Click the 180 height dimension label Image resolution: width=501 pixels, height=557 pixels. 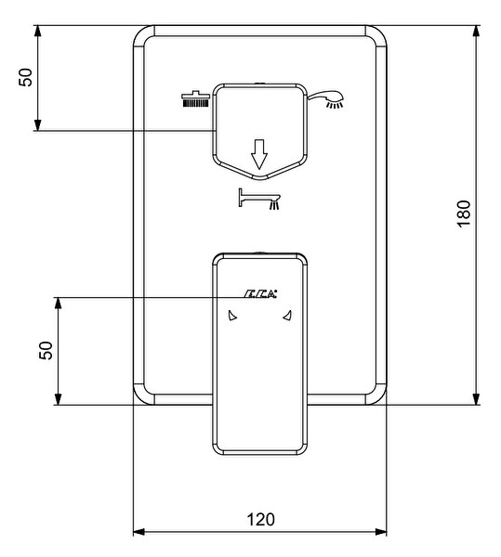(464, 214)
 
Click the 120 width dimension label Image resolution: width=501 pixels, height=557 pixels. (260, 519)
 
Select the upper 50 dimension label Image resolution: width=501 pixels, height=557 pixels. (26, 77)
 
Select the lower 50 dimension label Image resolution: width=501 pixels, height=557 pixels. (46, 350)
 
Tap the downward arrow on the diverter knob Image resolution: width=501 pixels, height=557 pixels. (258, 154)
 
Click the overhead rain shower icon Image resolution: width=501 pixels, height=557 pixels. (195, 98)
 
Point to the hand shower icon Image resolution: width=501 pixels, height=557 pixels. (325, 99)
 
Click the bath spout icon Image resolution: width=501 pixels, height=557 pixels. (259, 200)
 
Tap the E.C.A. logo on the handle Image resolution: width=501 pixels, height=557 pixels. (260, 293)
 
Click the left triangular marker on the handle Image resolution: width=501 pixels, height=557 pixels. (231, 316)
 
